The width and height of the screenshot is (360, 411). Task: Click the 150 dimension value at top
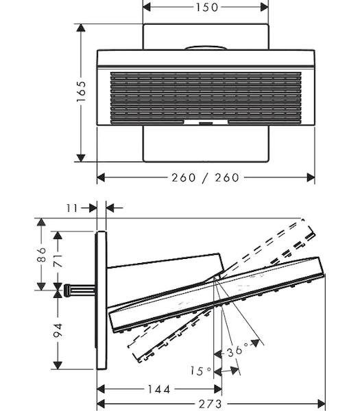click(207, 8)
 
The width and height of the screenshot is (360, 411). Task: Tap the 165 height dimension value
click(81, 92)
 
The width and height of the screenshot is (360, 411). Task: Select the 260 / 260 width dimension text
click(206, 177)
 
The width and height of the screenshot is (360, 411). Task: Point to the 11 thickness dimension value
click(72, 208)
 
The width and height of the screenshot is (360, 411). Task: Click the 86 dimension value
click(41, 254)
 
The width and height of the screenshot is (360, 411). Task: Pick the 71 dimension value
click(58, 260)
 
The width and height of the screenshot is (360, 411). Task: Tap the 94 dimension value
click(58, 331)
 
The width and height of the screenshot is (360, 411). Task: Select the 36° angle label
click(238, 351)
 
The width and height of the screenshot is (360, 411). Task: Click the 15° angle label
click(200, 371)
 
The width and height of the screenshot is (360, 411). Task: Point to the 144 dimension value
click(159, 389)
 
